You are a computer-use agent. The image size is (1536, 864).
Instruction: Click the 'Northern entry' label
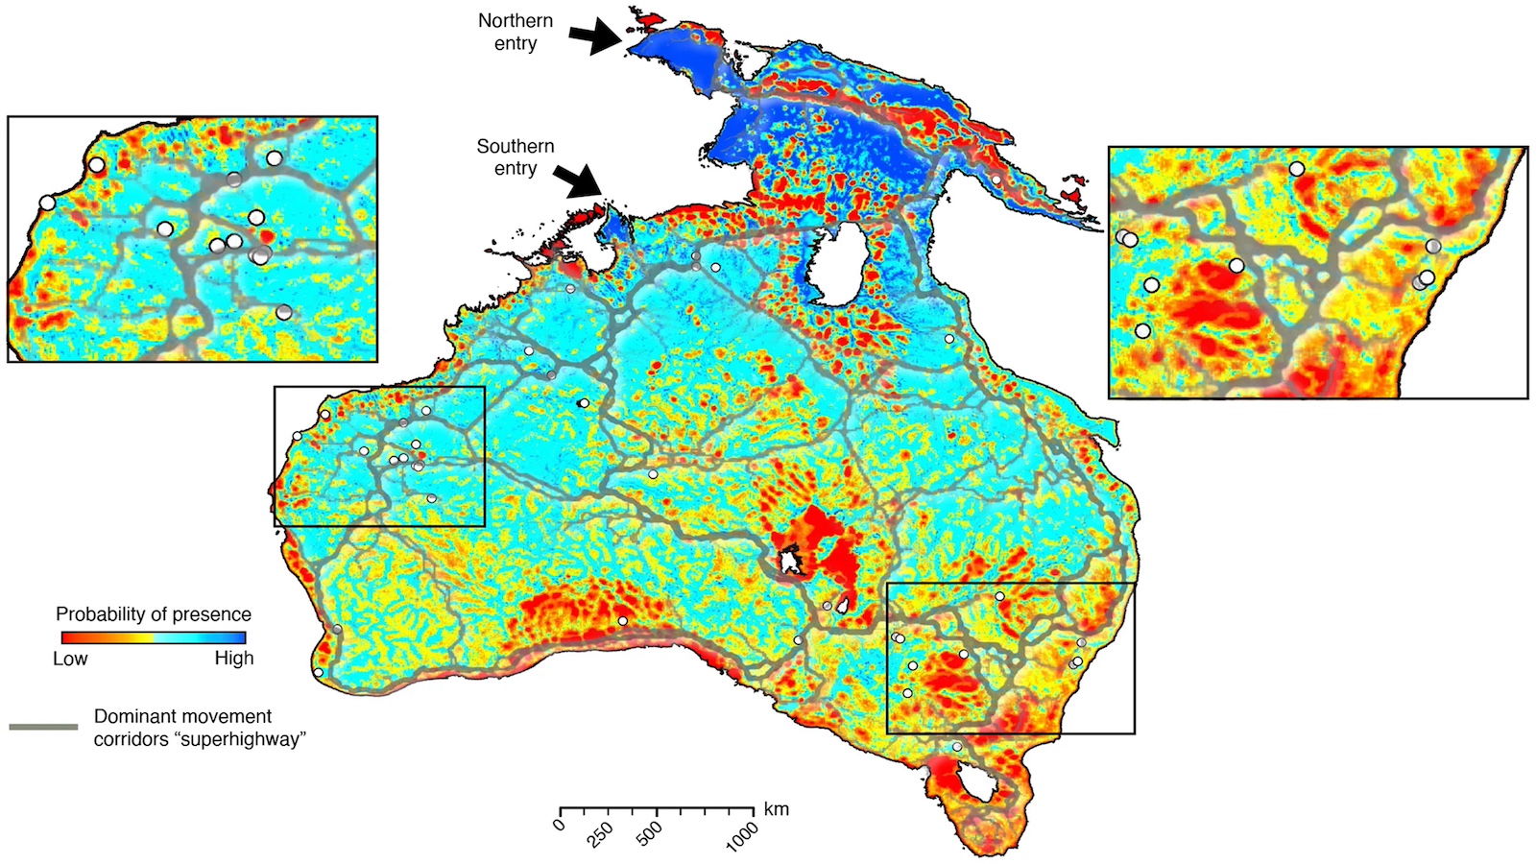tap(516, 32)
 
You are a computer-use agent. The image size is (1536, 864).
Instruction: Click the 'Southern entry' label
tap(516, 157)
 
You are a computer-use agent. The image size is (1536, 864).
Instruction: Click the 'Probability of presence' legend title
tap(154, 614)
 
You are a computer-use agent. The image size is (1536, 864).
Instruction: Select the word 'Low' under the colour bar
tap(70, 659)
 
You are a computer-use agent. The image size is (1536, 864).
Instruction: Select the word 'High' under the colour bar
tap(234, 659)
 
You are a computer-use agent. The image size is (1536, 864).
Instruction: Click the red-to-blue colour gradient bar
tap(154, 637)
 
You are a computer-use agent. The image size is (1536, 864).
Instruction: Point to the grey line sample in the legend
tap(43, 727)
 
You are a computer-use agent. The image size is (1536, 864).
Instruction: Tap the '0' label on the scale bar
tap(561, 825)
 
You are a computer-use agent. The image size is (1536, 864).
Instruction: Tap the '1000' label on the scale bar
tap(742, 836)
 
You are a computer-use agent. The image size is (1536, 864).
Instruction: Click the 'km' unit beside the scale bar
tap(776, 809)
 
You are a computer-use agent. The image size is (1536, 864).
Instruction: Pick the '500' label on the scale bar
tap(650, 832)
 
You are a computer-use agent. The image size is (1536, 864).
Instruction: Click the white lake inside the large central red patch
tap(789, 561)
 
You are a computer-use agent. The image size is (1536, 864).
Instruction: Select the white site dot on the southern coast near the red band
tap(623, 621)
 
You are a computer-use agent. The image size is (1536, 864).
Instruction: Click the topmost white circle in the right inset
tap(1297, 168)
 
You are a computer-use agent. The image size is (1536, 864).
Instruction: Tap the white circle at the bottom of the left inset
tap(283, 312)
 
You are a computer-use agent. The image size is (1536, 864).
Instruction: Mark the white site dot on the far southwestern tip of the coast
tap(319, 673)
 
